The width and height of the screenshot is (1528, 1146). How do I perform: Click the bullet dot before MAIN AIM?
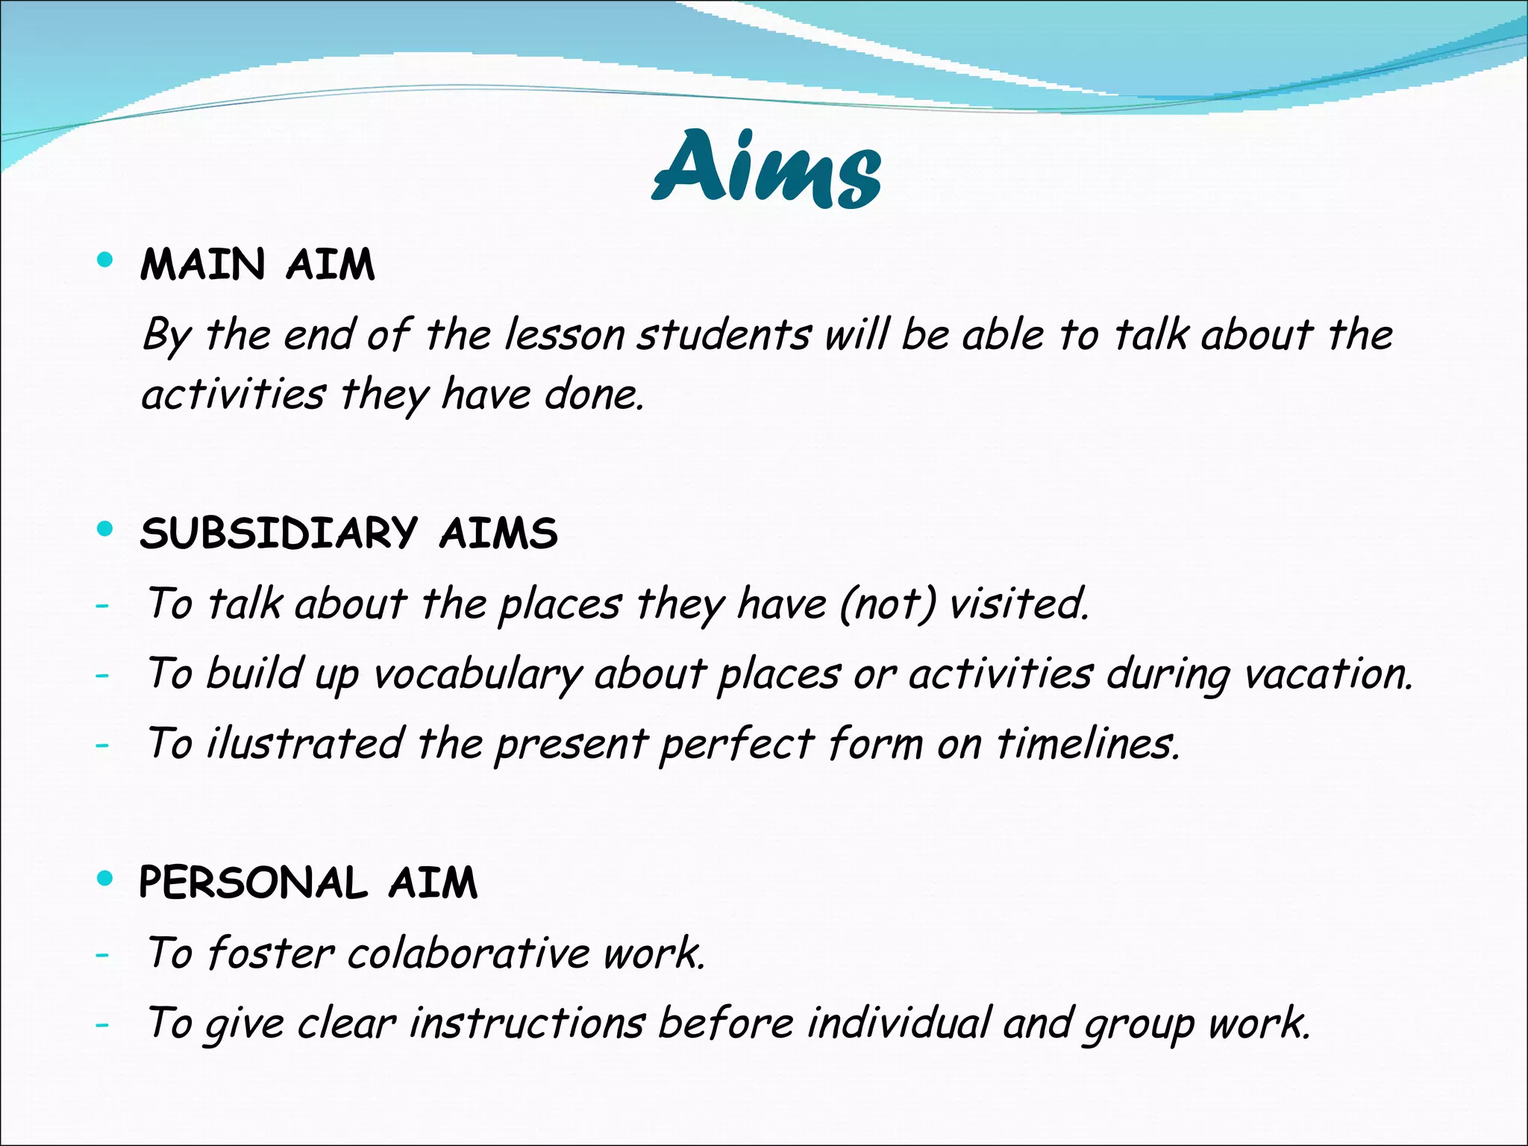(x=105, y=260)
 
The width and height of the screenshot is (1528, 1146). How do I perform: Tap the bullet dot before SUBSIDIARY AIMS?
(x=105, y=530)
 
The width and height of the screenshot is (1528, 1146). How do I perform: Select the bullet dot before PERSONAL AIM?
(x=105, y=879)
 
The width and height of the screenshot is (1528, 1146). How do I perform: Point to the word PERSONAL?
(x=254, y=883)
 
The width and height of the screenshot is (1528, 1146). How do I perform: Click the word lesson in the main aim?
(x=564, y=335)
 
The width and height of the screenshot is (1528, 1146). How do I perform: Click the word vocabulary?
(x=476, y=674)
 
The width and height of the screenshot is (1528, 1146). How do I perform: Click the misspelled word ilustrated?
(x=304, y=743)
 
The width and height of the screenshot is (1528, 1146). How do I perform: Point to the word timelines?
(x=1089, y=743)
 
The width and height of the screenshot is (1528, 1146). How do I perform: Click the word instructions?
(x=526, y=1023)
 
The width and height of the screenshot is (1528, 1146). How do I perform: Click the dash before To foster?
(x=102, y=954)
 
